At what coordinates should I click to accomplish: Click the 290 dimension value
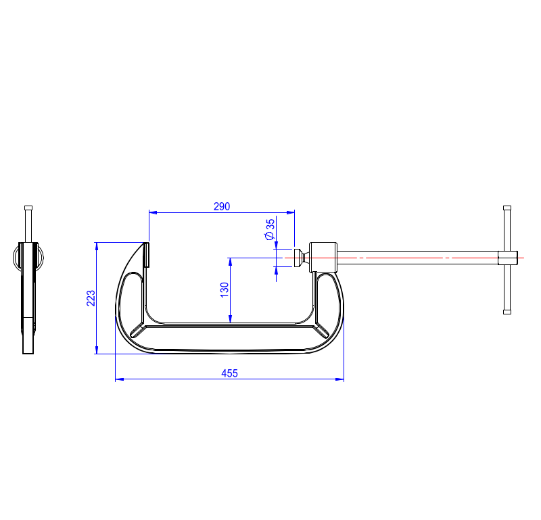coord(222,206)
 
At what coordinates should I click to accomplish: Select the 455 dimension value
coord(229,373)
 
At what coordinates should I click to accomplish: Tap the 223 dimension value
coord(91,298)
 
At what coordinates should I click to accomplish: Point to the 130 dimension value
coord(225,290)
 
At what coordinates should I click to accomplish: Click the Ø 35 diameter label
coord(269,229)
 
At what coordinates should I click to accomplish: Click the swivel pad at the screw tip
coord(299,258)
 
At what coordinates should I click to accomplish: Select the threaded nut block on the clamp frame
coord(323,258)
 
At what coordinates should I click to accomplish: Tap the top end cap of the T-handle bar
coord(507,208)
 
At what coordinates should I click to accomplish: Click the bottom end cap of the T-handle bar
coord(507,312)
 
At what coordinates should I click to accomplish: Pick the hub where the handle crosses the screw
coord(508,258)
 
